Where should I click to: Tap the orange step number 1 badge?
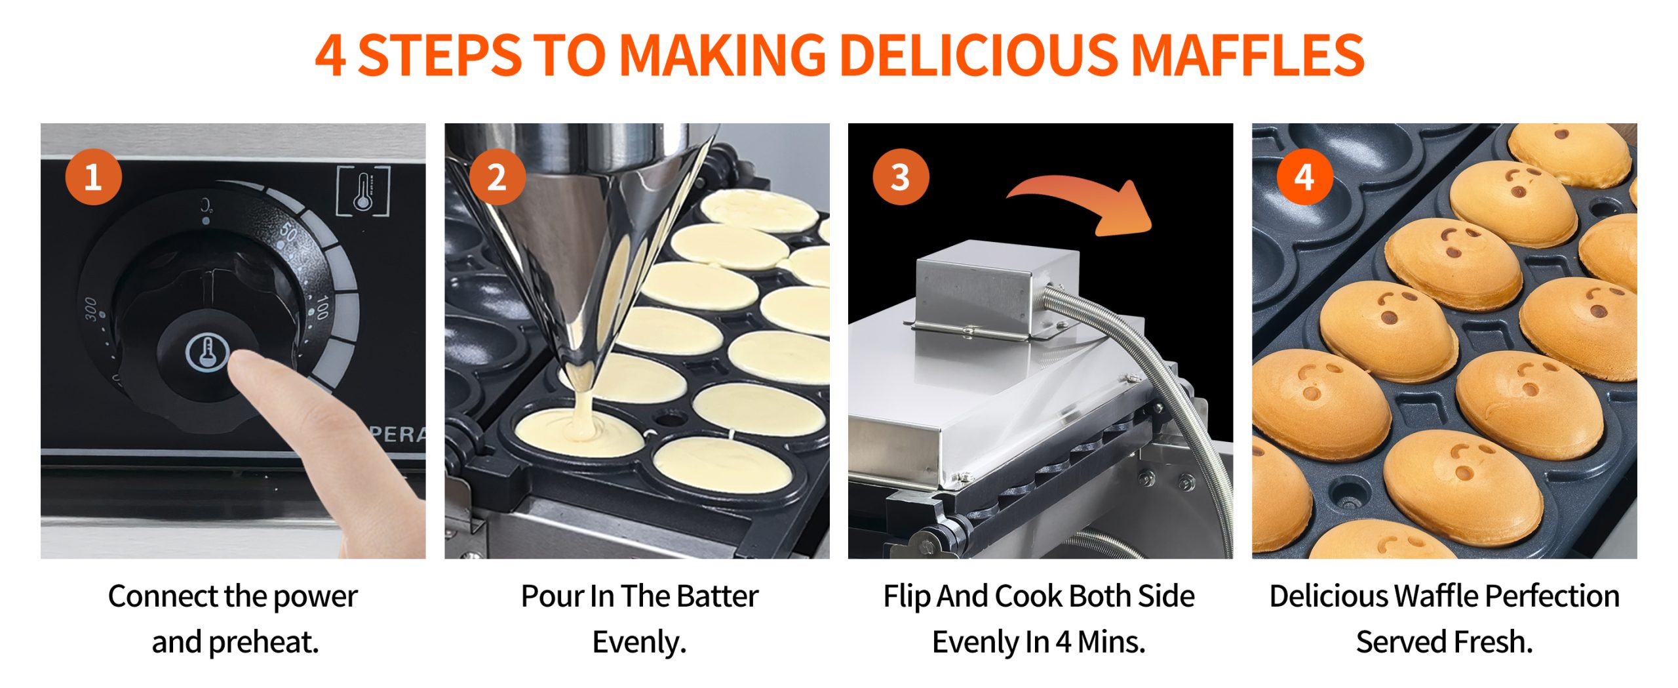coord(93,176)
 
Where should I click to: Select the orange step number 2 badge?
coord(497,176)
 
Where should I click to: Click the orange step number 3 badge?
coord(901,176)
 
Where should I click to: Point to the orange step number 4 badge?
coord(1304,176)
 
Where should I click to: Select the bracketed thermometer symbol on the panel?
coord(363,191)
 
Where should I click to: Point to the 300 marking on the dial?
coord(90,310)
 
